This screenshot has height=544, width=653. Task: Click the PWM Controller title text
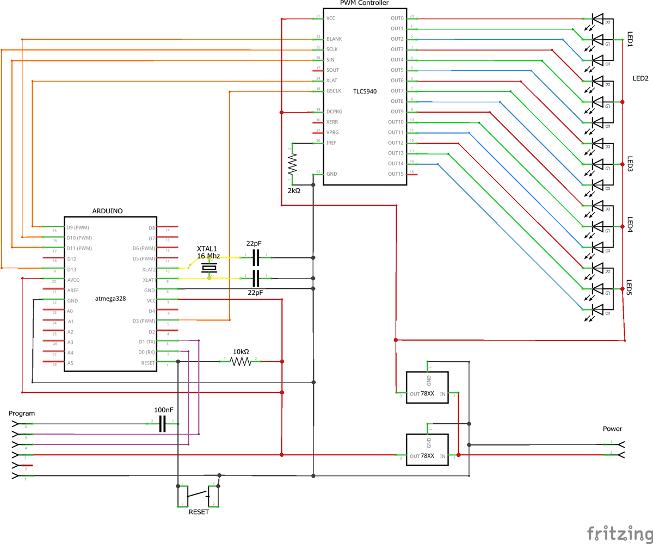364,3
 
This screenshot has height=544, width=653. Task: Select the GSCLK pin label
334,91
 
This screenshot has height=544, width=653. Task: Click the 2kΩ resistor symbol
292,163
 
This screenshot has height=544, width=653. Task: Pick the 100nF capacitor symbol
162,423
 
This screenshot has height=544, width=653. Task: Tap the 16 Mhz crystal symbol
209,268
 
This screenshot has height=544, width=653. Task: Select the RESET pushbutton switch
198,495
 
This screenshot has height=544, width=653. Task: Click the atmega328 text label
110,298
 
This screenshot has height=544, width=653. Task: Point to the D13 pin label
71,269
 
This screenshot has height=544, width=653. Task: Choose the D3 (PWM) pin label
144,321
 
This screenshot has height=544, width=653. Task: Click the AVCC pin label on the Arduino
73,280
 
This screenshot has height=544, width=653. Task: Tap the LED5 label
630,288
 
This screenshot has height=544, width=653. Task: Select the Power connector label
612,429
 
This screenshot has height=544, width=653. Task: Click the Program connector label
22,413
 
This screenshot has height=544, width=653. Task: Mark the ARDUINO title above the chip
107,210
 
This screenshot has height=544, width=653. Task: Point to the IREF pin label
331,143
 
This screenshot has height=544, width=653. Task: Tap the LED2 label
640,78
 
